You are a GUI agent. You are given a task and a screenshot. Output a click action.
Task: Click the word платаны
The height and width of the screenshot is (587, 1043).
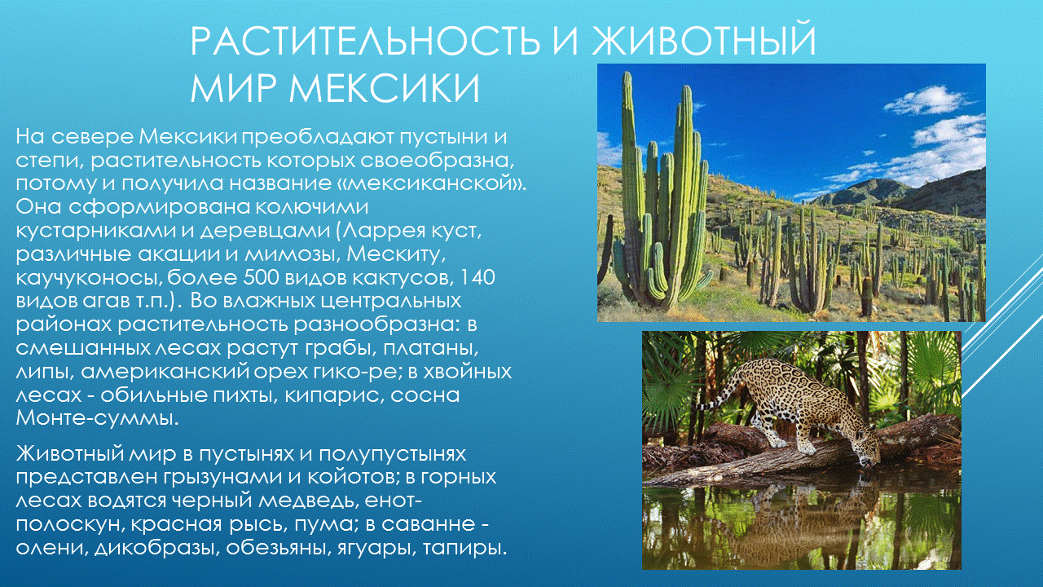pos(440,349)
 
